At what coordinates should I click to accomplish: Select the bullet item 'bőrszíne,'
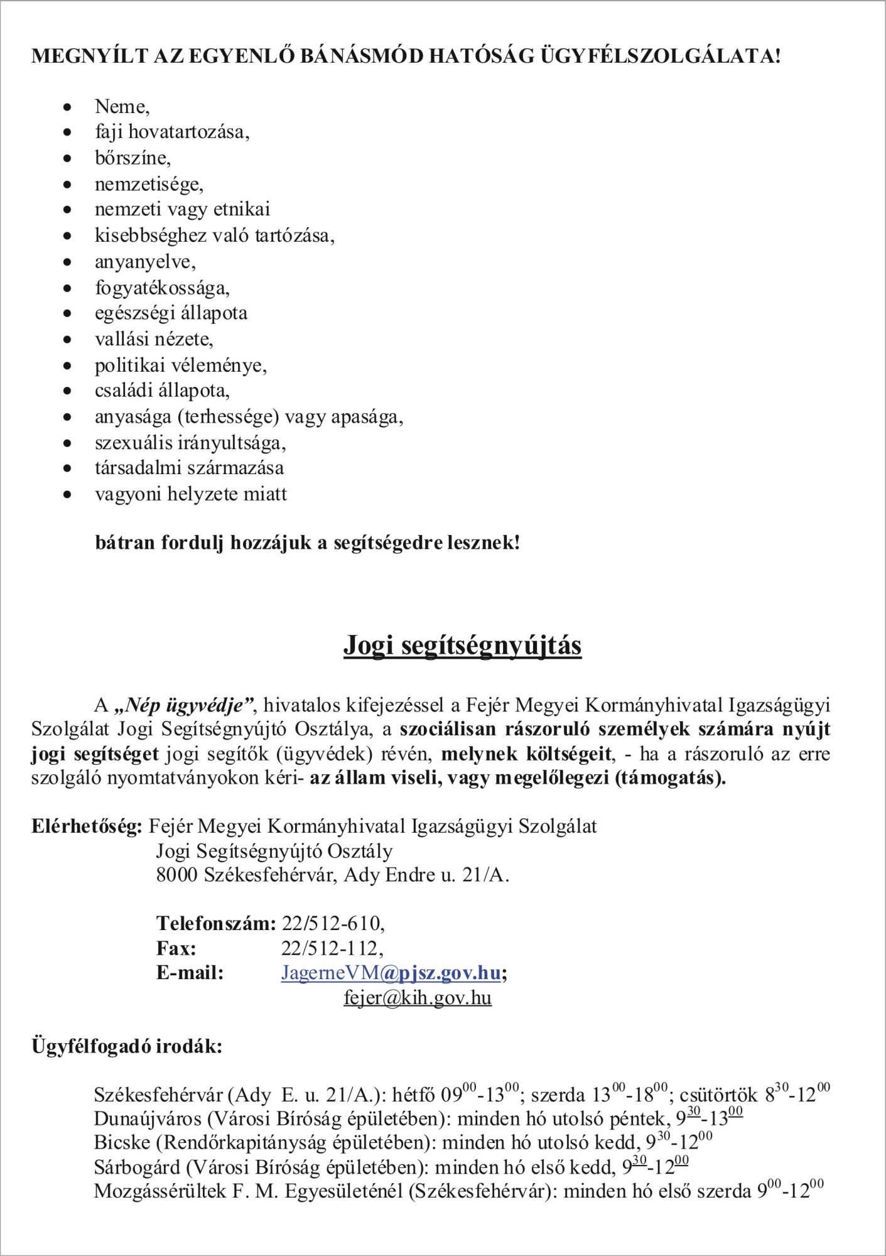click(x=132, y=158)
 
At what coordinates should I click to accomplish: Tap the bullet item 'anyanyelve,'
click(x=145, y=261)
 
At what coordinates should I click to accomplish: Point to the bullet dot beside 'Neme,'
click(x=68, y=107)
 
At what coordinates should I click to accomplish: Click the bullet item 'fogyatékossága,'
click(x=162, y=288)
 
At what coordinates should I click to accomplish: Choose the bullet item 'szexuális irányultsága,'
click(x=190, y=443)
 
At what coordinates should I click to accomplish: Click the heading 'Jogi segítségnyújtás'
click(x=462, y=645)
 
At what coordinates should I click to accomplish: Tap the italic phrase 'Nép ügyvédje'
click(x=184, y=705)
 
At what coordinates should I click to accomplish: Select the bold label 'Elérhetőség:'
click(x=87, y=826)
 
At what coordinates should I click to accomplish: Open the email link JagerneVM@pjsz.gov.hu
click(x=391, y=973)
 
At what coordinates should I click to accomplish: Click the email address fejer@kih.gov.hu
click(x=418, y=997)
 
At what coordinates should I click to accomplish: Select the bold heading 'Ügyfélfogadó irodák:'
click(x=127, y=1047)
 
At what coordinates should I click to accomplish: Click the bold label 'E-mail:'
click(x=190, y=973)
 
